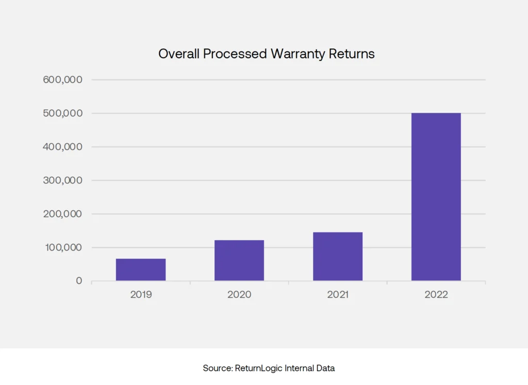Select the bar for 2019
tap(141, 270)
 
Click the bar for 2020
tap(239, 260)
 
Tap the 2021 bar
tap(338, 256)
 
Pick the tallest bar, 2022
tap(436, 196)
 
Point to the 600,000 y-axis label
tap(61, 80)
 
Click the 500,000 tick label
tap(61, 113)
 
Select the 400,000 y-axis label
tap(61, 147)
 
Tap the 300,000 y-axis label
tap(61, 180)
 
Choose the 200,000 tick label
tap(61, 214)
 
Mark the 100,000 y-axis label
tap(61, 247)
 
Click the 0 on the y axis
tap(79, 281)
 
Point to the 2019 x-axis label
tap(141, 295)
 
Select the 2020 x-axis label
tap(239, 295)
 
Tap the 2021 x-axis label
tap(338, 295)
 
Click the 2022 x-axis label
tap(436, 295)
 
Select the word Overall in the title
tap(178, 54)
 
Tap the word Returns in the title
tap(352, 54)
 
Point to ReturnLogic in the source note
tap(259, 369)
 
